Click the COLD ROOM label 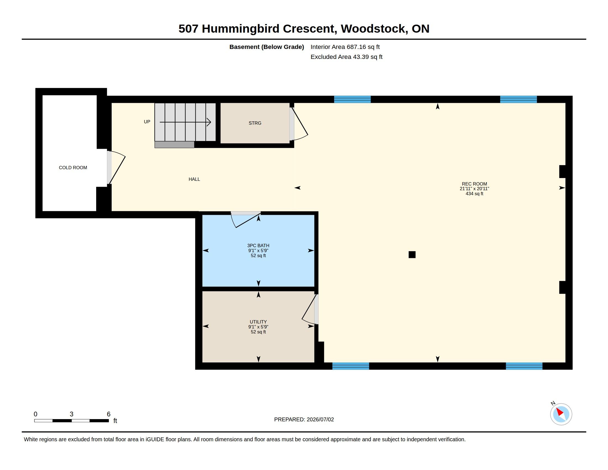73,168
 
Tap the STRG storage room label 255,123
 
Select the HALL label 194,179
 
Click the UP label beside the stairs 147,122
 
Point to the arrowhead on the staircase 209,122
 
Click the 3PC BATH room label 258,246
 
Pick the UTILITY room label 258,322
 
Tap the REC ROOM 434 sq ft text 474,194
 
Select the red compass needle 560,412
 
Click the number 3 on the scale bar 72,414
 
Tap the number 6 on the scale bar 109,414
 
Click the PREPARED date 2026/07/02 320,420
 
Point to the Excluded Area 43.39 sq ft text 347,57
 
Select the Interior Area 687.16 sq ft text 345,47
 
